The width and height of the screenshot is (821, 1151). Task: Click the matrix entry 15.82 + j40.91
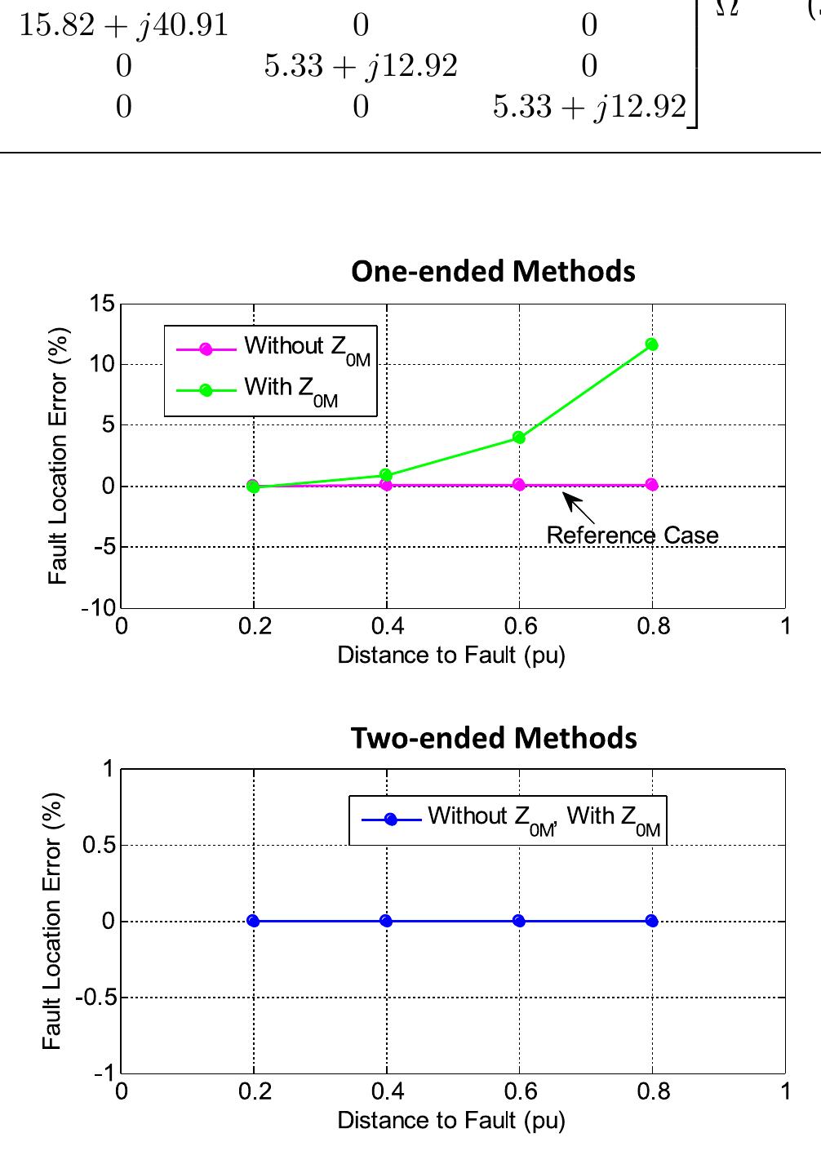123,25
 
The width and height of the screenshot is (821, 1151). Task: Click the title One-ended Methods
493,271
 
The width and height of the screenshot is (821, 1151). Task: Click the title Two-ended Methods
493,737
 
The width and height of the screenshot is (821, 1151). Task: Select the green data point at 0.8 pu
651,344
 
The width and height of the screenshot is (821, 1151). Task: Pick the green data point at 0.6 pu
519,438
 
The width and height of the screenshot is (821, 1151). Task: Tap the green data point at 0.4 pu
386,475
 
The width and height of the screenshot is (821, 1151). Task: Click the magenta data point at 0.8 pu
651,485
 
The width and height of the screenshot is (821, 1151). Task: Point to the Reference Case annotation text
632,536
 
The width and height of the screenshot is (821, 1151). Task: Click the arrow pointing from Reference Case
579,508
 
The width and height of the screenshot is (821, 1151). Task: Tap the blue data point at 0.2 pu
253,921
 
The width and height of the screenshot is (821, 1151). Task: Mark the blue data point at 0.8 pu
651,921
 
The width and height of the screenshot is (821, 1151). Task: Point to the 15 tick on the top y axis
103,304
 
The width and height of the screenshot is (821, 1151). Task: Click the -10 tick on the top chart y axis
99,608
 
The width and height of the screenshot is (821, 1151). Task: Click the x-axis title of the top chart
451,655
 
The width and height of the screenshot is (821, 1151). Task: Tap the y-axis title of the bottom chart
52,921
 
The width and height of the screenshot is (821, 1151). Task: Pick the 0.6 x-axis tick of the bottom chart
520,1091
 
